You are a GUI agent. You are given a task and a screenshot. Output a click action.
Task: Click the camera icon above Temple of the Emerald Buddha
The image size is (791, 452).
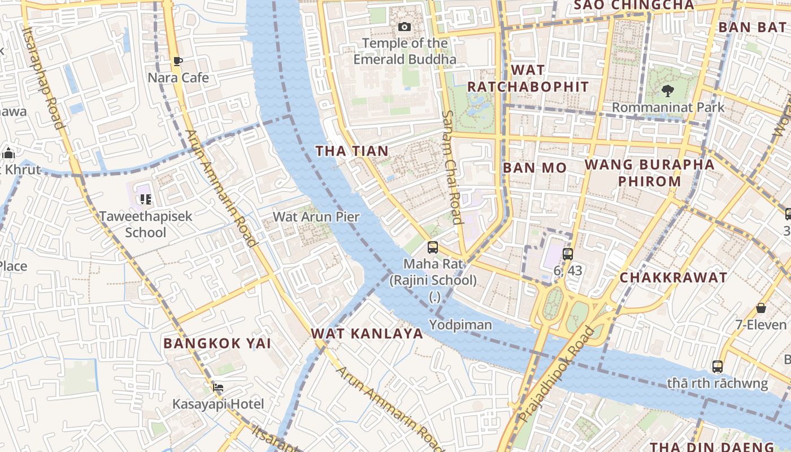(x=405, y=27)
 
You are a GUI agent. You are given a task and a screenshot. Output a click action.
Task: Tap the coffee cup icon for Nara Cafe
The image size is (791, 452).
(x=178, y=61)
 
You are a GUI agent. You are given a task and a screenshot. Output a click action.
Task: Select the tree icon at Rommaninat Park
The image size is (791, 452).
(x=668, y=90)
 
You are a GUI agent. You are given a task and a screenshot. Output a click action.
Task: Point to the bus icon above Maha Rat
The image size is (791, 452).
(x=433, y=247)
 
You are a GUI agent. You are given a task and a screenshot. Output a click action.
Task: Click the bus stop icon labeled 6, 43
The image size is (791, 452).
(x=568, y=254)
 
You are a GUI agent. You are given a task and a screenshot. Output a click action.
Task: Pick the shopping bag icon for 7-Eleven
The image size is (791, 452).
(x=761, y=308)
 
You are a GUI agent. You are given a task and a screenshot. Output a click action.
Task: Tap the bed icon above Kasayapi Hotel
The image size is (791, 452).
(x=218, y=387)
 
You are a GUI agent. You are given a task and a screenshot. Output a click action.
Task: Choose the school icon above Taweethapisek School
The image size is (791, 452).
(x=146, y=199)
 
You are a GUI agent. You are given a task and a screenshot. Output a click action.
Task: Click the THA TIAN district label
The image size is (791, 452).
(x=352, y=151)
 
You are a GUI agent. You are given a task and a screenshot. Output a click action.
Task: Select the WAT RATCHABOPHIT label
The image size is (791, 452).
(x=528, y=79)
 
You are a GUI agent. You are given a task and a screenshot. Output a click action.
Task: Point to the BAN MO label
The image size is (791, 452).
(x=534, y=168)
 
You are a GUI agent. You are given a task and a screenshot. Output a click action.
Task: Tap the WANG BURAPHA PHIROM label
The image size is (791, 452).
(x=649, y=173)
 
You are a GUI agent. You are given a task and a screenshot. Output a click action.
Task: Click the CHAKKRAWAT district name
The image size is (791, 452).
(x=673, y=277)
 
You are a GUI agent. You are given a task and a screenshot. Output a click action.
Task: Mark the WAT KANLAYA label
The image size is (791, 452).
(x=367, y=333)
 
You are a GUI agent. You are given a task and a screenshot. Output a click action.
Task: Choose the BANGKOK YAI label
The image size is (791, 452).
(x=218, y=343)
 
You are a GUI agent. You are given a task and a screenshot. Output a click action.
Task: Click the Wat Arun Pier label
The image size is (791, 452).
(x=316, y=216)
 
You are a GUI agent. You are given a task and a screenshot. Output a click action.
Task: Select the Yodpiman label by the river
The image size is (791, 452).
(x=460, y=325)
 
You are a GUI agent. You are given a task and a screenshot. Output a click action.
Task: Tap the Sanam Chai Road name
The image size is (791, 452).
(x=453, y=167)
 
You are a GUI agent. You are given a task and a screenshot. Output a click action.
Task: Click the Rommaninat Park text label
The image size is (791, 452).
(x=668, y=107)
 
